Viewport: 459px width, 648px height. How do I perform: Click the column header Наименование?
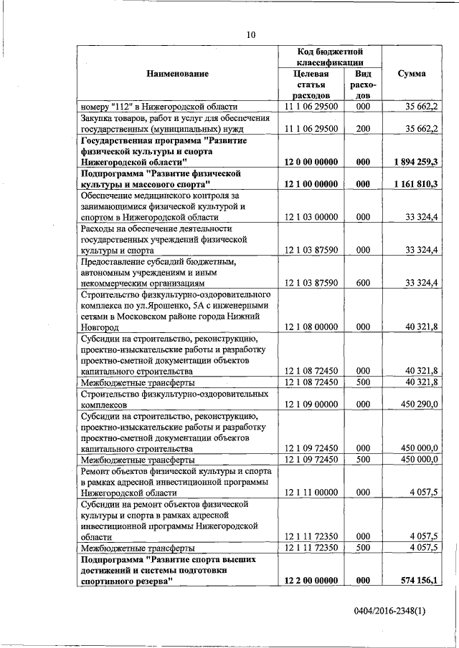pyautogui.click(x=178, y=74)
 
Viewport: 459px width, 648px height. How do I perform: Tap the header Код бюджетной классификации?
pyautogui.click(x=330, y=57)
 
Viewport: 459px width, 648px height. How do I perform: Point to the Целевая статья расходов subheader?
pyautogui.click(x=311, y=84)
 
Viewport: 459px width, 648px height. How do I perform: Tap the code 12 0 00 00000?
pyautogui.click(x=311, y=163)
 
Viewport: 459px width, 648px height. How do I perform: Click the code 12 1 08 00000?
pyautogui.click(x=311, y=327)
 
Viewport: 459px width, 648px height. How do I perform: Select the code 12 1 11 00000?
pyautogui.click(x=311, y=493)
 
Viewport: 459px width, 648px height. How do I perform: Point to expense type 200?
pyautogui.click(x=363, y=129)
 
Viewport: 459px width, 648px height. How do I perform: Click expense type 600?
pyautogui.click(x=363, y=283)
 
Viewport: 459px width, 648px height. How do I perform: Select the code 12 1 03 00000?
pyautogui.click(x=311, y=217)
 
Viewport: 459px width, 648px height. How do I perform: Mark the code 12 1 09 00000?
pyautogui.click(x=311, y=405)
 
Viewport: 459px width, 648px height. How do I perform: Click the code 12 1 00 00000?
pyautogui.click(x=311, y=184)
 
